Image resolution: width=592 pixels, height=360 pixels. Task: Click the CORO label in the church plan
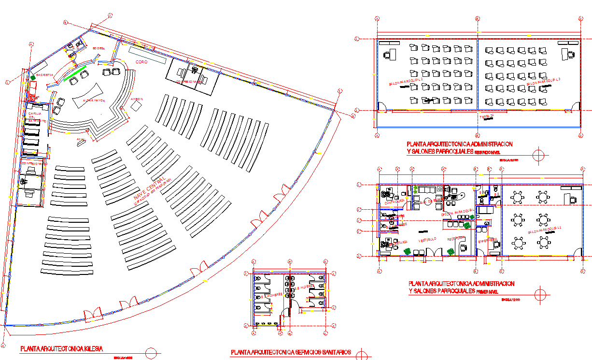(141, 63)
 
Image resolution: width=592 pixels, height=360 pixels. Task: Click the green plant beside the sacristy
(32, 77)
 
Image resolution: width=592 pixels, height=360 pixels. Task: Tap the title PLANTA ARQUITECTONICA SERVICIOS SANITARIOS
(291, 352)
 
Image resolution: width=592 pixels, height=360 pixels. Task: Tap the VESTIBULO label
(427, 239)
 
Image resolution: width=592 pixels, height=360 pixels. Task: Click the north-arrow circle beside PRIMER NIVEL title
(540, 293)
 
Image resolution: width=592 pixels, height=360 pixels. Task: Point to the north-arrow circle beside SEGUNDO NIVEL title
(539, 155)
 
